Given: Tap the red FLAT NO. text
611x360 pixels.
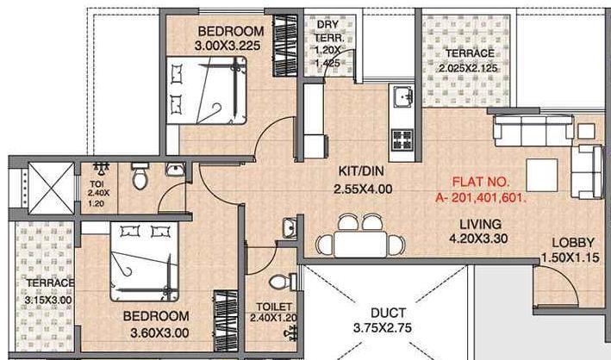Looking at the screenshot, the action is click(481, 182).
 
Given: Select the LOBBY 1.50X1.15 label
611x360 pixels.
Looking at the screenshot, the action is click(570, 250).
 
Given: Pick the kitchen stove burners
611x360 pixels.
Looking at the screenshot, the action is click(402, 140).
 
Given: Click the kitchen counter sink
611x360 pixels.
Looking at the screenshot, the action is click(402, 96).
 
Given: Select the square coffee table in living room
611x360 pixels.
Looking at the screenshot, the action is click(542, 175).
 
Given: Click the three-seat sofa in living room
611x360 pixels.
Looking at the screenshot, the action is click(533, 130).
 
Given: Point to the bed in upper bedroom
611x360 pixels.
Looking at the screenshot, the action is click(207, 90).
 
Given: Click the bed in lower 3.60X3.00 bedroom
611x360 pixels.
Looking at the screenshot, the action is click(145, 262).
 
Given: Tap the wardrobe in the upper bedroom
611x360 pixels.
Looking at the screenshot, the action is click(285, 46).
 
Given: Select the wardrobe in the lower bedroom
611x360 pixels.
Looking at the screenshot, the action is click(226, 320).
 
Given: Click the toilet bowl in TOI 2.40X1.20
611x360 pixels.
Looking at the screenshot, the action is click(140, 176).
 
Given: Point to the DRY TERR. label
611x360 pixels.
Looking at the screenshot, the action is click(327, 31).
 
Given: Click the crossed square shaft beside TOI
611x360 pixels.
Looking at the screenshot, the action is click(51, 188).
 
